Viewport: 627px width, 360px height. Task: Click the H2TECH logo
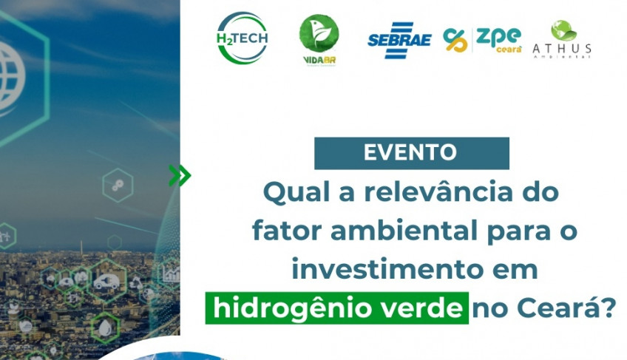[243, 38]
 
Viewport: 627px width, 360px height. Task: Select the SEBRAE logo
[399, 40]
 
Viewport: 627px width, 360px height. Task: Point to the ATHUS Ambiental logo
[562, 41]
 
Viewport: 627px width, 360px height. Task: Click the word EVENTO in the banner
[410, 153]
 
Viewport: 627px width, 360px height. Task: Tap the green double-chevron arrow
[179, 175]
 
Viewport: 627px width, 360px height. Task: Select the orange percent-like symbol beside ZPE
[455, 40]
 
